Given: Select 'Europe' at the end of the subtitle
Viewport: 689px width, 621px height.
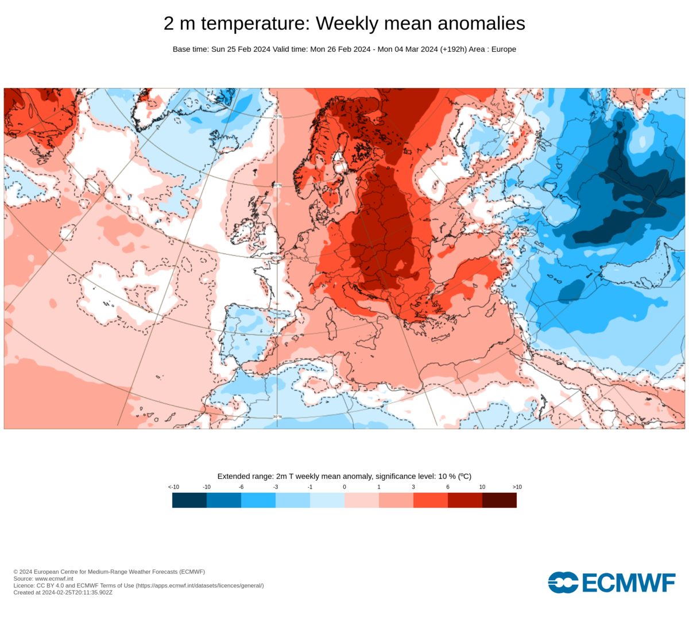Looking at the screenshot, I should tap(504, 49).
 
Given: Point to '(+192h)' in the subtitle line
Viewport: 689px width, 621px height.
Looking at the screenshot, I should tap(454, 49).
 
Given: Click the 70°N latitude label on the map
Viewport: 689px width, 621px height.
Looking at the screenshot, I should tap(277, 117).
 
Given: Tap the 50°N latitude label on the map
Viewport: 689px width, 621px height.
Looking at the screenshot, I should tap(277, 257).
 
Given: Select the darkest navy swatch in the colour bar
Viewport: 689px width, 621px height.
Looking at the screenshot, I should tap(189, 500).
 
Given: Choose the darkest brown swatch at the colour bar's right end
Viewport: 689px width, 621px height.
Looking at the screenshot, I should tap(500, 500).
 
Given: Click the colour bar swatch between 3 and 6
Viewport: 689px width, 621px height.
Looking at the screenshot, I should tap(431, 500).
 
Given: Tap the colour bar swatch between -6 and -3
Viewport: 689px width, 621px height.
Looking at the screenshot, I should tap(258, 500).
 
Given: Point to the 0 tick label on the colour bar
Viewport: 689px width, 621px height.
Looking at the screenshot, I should tap(344, 487).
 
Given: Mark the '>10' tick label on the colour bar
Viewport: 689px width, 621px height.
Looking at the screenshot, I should tap(517, 487).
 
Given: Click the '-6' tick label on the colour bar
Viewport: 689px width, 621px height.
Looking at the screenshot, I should tap(241, 487).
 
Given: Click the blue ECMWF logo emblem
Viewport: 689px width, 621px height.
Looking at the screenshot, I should tap(563, 582).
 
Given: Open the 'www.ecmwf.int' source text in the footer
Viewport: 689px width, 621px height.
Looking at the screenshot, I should tap(54, 578).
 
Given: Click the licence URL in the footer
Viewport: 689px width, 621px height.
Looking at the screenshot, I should tap(200, 585).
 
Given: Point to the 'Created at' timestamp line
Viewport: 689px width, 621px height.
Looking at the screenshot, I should tap(63, 592).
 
